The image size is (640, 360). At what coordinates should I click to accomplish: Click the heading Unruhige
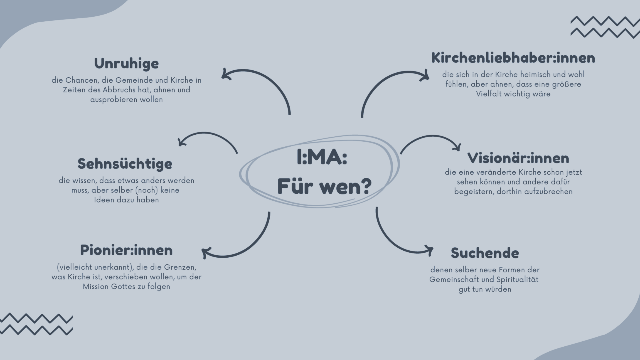[126, 63]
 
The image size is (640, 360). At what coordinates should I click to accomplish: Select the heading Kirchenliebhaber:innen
[513, 58]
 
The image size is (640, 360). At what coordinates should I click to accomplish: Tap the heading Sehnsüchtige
[125, 164]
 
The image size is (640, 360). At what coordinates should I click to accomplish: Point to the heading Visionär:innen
[518, 158]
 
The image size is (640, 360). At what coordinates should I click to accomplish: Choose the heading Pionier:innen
[126, 250]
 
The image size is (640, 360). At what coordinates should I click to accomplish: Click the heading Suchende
[485, 253]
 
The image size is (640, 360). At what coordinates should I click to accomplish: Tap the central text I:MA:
[322, 157]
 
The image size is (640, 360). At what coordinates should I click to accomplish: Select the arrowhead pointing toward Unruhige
[225, 74]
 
